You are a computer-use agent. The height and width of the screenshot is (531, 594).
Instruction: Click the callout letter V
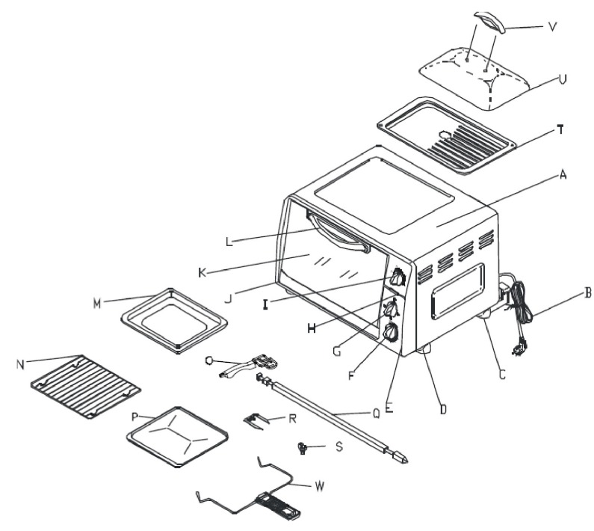point(552,30)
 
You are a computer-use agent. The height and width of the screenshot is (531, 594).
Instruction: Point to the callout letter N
point(20,364)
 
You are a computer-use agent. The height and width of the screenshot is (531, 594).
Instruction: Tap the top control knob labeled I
point(398,278)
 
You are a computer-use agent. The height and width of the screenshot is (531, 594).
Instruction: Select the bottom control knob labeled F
point(390,334)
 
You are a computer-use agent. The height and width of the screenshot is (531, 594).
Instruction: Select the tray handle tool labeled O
point(250,366)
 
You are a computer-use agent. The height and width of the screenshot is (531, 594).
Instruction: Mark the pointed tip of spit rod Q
point(404,458)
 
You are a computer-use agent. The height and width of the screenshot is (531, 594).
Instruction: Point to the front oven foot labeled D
point(427,349)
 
